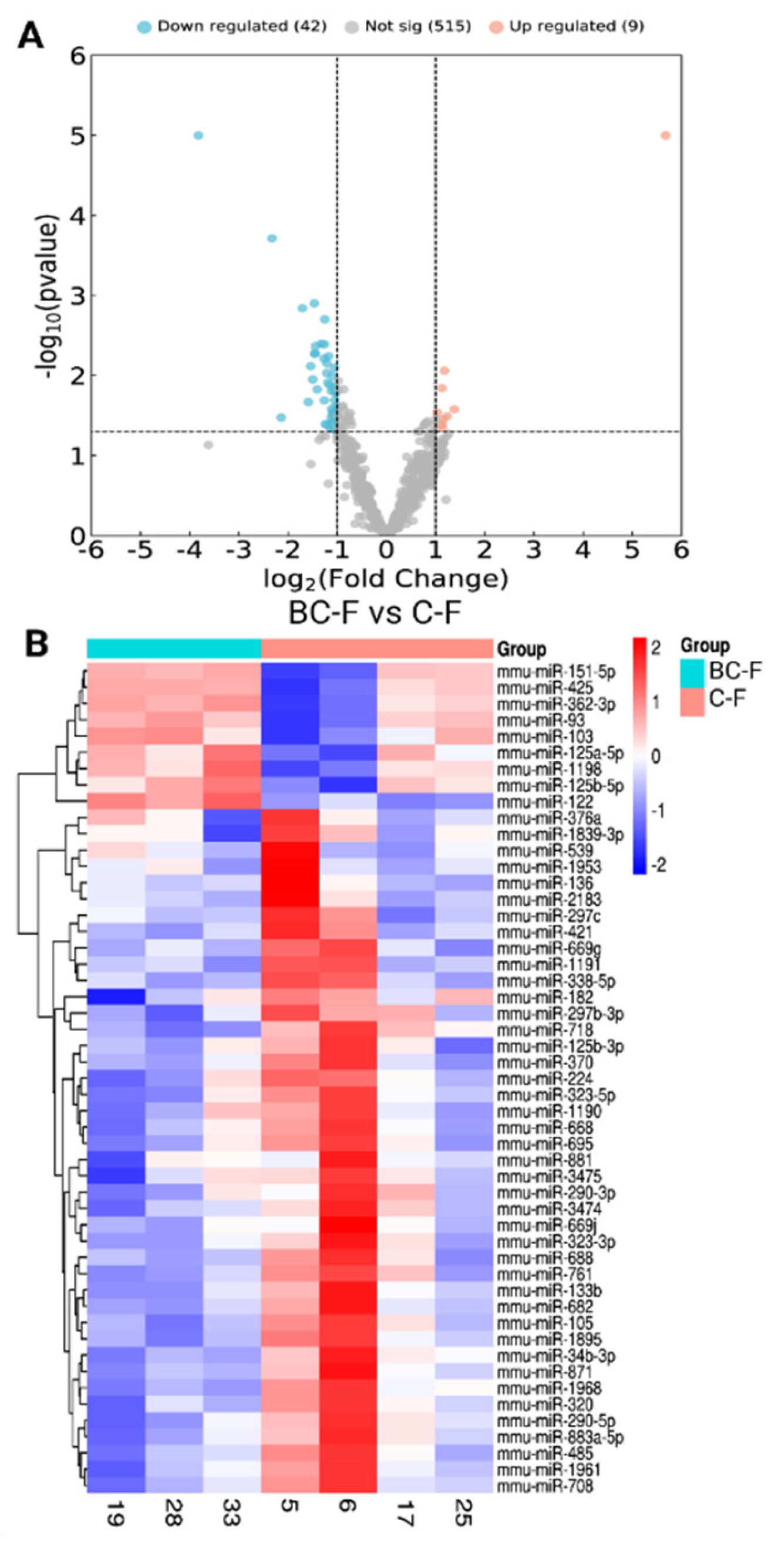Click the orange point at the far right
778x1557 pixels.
[665, 136]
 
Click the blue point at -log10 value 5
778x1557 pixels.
[198, 136]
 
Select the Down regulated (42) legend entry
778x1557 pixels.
[232, 26]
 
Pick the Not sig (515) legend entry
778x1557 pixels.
[408, 26]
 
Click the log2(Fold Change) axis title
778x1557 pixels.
[386, 579]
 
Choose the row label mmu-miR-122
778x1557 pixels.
[545, 802]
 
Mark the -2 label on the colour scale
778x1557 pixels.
[658, 866]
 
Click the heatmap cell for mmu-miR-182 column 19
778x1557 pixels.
[116, 997]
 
